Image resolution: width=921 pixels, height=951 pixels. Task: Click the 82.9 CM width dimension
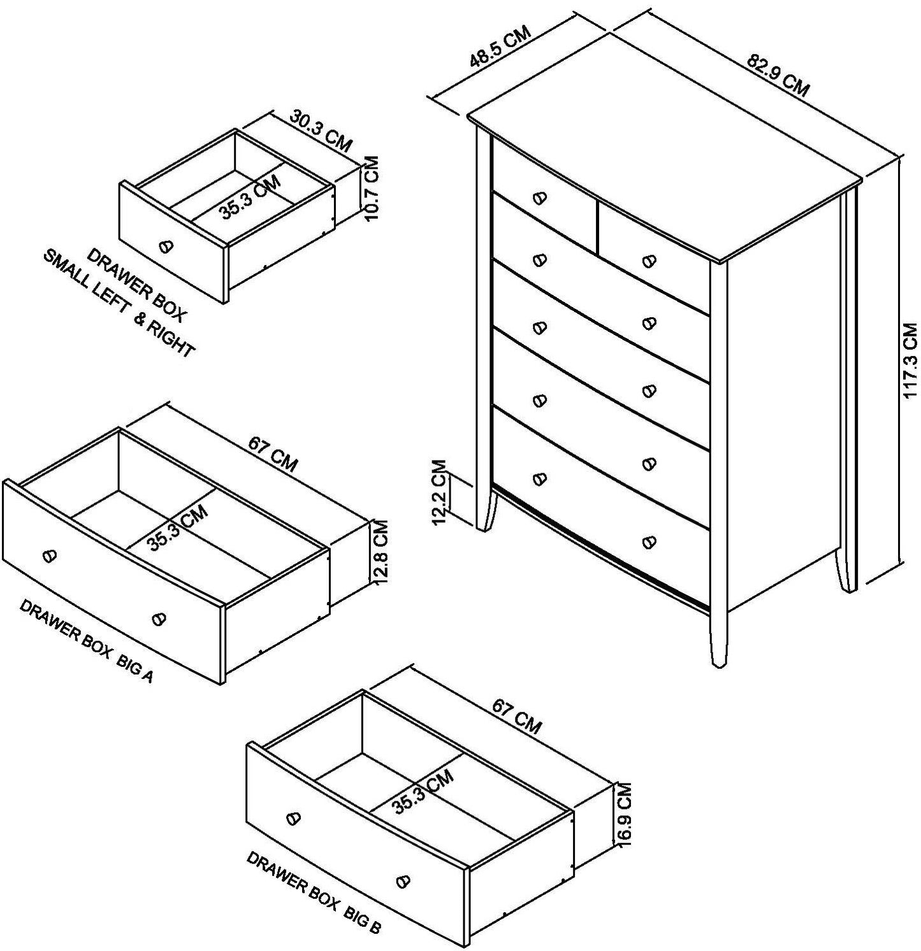tap(778, 76)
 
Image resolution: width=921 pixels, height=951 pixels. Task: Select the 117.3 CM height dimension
tap(911, 360)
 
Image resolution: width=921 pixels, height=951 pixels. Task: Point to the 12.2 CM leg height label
tap(439, 492)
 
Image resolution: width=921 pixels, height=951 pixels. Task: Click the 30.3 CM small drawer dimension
tap(321, 131)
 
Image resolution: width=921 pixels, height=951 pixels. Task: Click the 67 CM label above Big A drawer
tap(273, 454)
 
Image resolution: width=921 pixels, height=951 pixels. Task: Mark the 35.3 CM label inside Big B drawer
tap(423, 792)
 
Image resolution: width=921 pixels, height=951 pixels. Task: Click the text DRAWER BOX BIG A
tap(87, 641)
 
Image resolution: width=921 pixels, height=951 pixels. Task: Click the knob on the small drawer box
tap(165, 245)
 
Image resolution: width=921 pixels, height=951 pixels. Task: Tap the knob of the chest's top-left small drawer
tap(540, 198)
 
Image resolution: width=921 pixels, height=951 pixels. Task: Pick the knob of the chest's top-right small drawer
tap(649, 261)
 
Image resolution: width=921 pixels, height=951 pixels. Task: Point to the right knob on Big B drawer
tap(402, 880)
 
